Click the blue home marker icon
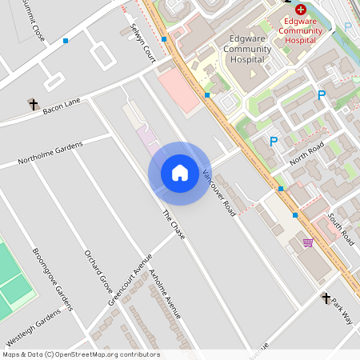click(180, 173)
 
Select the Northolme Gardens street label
click(50, 152)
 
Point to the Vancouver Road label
click(218, 193)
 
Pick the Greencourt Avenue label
click(130, 278)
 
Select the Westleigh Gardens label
click(33, 323)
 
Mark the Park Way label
click(342, 310)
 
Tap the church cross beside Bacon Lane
click(33, 104)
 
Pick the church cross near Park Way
click(326, 298)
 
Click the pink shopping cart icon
click(308, 242)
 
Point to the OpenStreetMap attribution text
click(82, 354)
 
